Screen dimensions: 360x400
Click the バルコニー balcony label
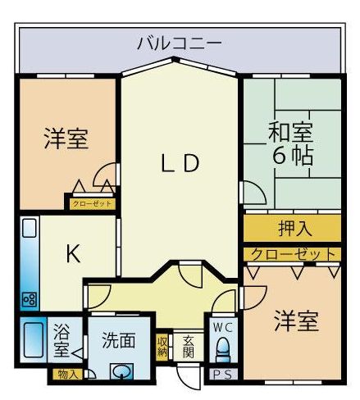(179, 43)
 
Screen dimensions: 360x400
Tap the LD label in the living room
(180, 163)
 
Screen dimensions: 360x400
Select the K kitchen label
(74, 253)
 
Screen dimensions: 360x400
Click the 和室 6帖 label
(290, 144)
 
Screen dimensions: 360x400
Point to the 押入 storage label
(295, 228)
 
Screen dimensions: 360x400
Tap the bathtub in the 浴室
(34, 340)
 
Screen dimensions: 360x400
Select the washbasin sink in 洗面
(121, 371)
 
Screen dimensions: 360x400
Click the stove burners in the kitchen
(30, 299)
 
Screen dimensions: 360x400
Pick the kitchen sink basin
(30, 228)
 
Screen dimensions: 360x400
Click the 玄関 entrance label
(189, 347)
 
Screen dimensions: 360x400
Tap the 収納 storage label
(162, 347)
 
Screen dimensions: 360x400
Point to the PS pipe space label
(221, 374)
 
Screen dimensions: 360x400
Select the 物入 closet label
(66, 374)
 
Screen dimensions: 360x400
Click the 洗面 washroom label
(119, 340)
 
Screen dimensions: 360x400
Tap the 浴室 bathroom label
(62, 340)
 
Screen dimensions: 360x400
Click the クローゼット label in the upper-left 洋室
(92, 204)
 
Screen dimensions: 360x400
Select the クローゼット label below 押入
(293, 255)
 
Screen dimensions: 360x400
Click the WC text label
(223, 327)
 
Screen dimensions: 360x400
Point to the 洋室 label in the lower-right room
(297, 321)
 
